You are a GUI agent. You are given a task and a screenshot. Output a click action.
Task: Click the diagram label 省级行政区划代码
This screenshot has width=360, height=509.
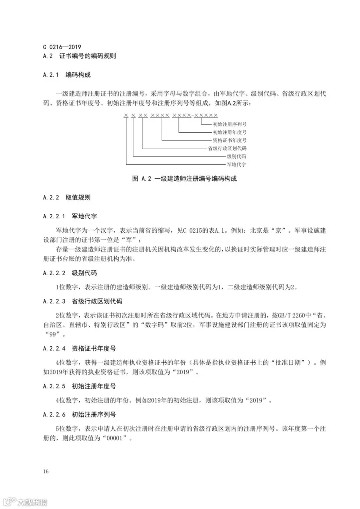[227, 148]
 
